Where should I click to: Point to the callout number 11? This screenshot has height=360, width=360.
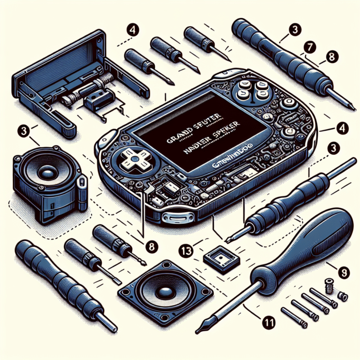(268, 322)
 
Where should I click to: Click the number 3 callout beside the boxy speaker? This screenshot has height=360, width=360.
(22, 130)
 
